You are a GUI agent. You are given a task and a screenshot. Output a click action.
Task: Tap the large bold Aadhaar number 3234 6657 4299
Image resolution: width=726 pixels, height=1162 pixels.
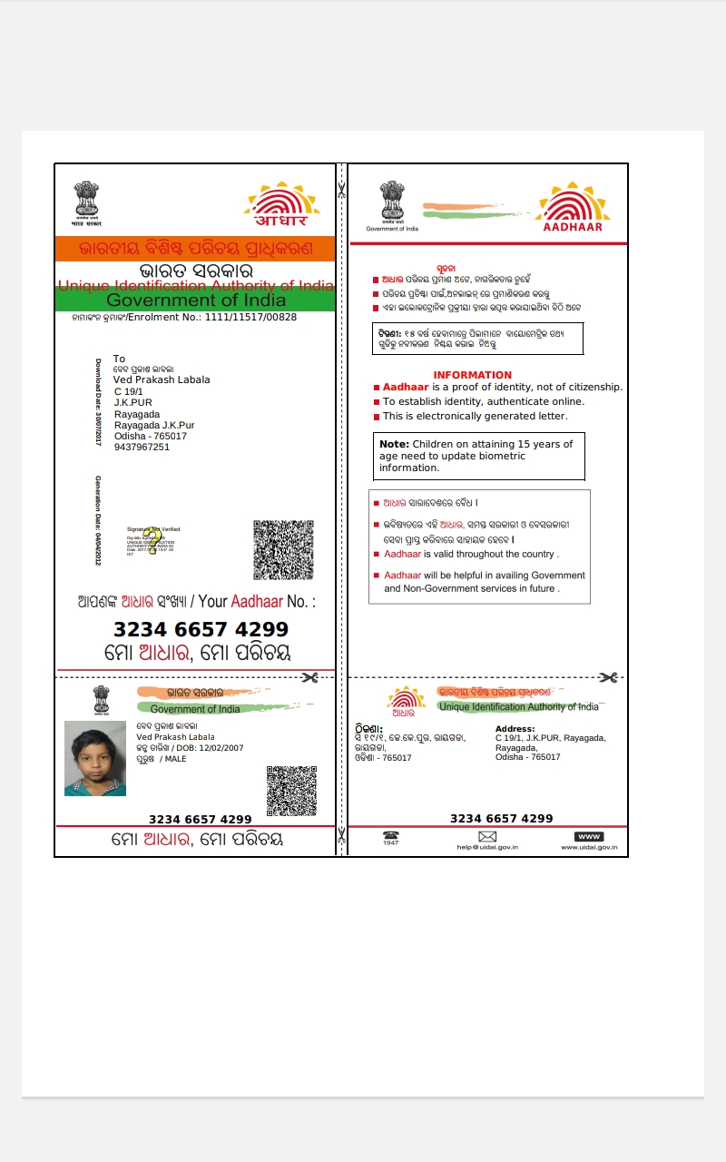tap(201, 629)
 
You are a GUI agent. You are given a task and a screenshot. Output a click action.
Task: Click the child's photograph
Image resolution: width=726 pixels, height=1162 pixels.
tap(95, 758)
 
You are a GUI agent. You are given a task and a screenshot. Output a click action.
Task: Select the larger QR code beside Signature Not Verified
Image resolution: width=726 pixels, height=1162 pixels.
tap(284, 549)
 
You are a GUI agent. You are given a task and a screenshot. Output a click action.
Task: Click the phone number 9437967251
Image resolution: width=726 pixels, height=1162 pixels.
tap(142, 447)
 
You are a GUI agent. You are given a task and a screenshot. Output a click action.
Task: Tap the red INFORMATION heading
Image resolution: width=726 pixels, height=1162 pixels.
tap(473, 375)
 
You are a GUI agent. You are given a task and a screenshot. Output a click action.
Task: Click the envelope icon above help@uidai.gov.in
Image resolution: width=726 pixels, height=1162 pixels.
tap(487, 836)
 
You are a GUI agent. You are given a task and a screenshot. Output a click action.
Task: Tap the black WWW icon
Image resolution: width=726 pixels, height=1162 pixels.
tap(589, 836)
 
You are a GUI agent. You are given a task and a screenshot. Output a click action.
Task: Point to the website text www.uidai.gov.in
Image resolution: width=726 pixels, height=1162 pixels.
tap(589, 848)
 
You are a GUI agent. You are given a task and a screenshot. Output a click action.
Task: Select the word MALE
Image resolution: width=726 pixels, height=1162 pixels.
tap(175, 758)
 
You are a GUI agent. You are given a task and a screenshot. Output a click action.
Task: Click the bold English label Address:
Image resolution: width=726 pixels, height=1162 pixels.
tap(515, 729)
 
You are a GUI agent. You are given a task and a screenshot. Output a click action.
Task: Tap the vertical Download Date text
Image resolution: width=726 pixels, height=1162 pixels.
tap(99, 401)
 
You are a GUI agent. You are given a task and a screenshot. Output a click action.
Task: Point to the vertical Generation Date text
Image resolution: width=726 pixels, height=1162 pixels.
tap(99, 519)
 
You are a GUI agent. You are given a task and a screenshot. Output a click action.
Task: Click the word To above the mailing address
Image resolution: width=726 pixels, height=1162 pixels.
tap(120, 359)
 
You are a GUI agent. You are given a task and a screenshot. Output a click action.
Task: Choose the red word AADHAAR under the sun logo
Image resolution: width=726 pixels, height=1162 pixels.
tap(573, 227)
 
